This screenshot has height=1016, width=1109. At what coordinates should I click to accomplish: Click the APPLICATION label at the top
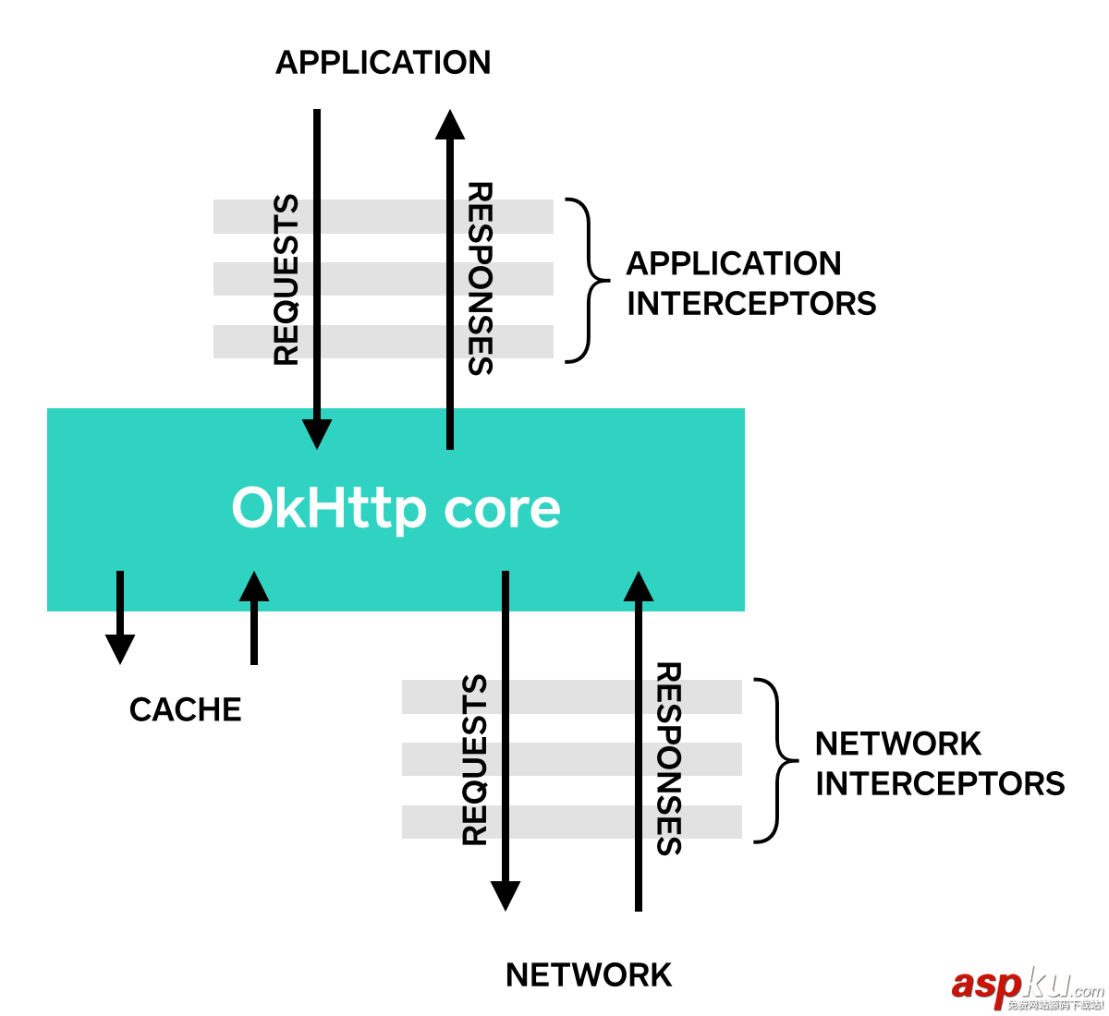pos(384,63)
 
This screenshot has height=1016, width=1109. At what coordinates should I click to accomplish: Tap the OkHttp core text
pos(396,508)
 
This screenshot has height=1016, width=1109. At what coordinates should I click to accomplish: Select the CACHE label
pos(186,709)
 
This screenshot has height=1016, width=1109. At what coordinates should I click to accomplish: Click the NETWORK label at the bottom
pos(589,975)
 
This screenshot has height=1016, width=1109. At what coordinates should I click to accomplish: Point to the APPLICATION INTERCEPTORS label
pos(750,284)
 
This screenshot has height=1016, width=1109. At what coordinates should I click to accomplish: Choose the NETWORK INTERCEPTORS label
pos(939,764)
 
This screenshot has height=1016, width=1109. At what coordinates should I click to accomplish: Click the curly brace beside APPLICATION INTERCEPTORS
pos(586,280)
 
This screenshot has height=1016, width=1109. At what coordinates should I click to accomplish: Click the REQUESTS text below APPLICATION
pos(286,280)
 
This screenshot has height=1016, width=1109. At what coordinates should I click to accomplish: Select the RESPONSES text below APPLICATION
pos(480,278)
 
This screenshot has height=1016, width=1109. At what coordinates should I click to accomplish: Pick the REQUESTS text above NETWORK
pos(474,760)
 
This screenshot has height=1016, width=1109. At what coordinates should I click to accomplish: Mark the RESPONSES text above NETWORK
pos(668,758)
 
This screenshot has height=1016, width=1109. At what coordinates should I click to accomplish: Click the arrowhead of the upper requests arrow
pos(317,433)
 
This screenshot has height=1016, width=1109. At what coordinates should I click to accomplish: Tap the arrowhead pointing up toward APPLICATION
pos(450,126)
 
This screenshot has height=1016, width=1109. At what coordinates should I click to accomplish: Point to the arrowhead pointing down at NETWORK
pos(506,895)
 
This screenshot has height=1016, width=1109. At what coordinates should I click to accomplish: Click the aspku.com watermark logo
pos(1026,988)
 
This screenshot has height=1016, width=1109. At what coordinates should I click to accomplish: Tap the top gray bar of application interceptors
pos(384,216)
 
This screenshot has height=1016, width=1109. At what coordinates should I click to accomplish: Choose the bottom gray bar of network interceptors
pos(572,822)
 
